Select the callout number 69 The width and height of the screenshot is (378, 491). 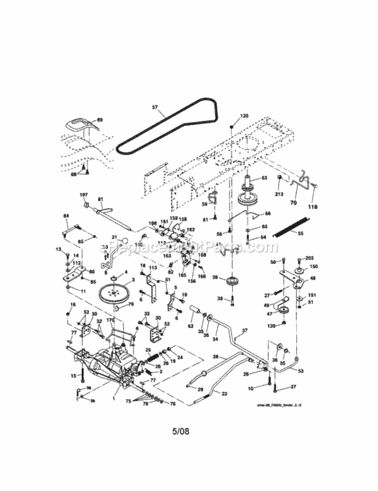(99, 120)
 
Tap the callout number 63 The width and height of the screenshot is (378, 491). (265, 177)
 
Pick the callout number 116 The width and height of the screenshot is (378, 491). (313, 207)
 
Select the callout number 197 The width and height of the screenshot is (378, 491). (84, 195)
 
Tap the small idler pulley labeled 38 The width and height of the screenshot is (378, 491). (231, 283)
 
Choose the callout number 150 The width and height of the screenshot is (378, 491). (313, 267)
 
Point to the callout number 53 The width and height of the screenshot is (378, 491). (300, 371)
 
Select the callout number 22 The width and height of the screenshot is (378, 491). (224, 393)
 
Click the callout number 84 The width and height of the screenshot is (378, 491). (65, 215)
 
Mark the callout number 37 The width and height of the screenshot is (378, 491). (245, 330)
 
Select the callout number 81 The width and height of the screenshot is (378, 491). (101, 199)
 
